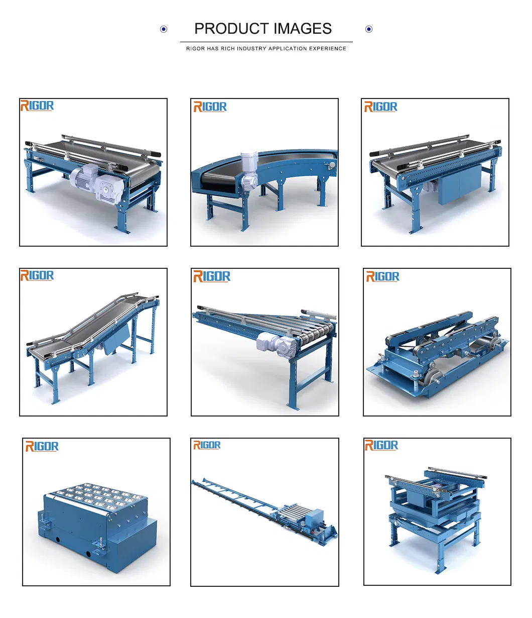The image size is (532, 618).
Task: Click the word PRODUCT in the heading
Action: pos(232,29)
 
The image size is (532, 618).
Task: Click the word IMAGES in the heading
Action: pos(303,29)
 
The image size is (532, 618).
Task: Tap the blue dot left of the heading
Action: pos(164,29)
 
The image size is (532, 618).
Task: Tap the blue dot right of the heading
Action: pos(368,29)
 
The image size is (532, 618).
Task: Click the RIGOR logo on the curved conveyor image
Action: pos(210,107)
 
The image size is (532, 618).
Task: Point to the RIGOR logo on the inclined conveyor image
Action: pos(37,275)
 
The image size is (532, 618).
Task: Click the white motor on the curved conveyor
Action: pos(249,170)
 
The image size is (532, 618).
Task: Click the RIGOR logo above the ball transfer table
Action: pos(42,446)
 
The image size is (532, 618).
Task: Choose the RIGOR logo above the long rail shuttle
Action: pos(207,445)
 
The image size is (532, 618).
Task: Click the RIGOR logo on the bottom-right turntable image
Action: pos(381,445)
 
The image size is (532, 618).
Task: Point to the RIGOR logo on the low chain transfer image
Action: pos(382,276)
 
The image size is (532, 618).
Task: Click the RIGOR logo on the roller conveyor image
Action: pos(212,276)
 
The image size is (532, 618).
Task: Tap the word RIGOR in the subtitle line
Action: pos(195,48)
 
